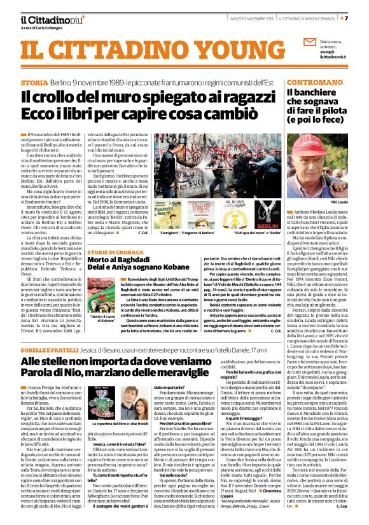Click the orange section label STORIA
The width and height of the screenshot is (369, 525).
[34, 83]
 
